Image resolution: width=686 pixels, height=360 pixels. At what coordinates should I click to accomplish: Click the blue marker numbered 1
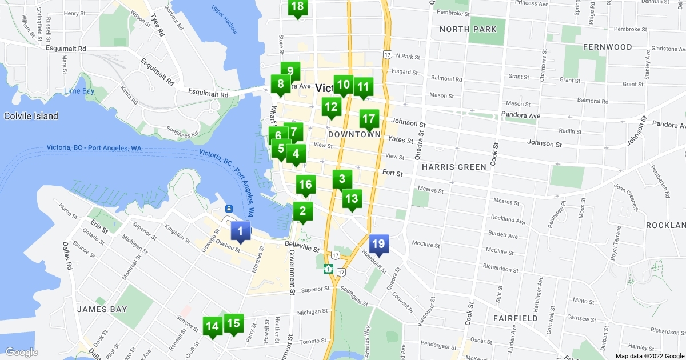[x=240, y=231]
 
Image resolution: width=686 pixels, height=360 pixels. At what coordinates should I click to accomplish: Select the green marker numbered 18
[x=297, y=7]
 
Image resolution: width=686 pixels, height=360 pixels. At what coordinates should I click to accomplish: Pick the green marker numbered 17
[x=369, y=119]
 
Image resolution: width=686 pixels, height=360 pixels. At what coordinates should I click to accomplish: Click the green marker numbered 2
[x=302, y=211]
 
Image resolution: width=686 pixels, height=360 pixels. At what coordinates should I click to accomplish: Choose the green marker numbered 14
[x=212, y=327]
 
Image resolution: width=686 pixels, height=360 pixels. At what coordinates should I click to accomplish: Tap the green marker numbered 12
[x=331, y=107]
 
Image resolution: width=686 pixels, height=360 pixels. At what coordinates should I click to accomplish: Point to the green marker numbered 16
[x=305, y=185]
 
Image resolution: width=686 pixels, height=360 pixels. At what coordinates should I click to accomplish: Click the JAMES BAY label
[x=102, y=309]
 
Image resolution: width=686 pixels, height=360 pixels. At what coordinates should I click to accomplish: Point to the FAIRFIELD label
[x=516, y=318]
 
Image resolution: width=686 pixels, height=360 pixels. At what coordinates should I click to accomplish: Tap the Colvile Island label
[x=31, y=116]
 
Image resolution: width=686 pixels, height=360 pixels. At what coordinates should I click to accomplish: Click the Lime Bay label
[x=79, y=91]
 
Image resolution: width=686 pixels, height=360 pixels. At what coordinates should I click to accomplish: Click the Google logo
[x=22, y=352]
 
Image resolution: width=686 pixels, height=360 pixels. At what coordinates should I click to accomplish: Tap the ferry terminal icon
[x=228, y=209]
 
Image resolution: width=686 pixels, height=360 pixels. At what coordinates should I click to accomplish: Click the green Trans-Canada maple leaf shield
[x=329, y=269]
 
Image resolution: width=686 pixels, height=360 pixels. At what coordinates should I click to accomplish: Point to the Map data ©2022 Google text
[x=649, y=355]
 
